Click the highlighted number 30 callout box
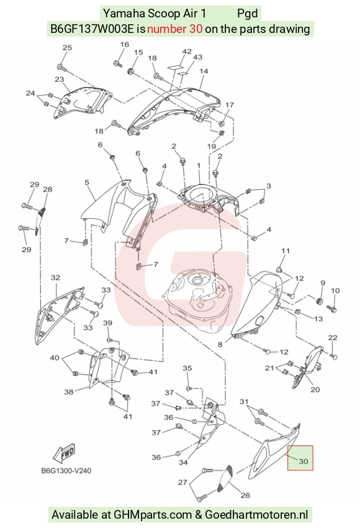pos(300,458)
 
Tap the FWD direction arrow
pos(65,453)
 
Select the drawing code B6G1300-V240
pos(66,470)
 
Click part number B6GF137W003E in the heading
pos(93,29)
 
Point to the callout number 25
pos(67,47)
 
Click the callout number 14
pos(204,71)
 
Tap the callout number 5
pos(87,183)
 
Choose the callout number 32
pos(55,278)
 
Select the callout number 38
pos(69,392)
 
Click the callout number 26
pos(245,495)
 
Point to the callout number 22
pos(333,337)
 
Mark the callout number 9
pos(323,283)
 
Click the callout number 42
pos(187,52)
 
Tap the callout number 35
pos(187,368)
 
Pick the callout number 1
pos(199,165)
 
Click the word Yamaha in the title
pos(124,14)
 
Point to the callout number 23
pos(59,80)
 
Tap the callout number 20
pos(315,389)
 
